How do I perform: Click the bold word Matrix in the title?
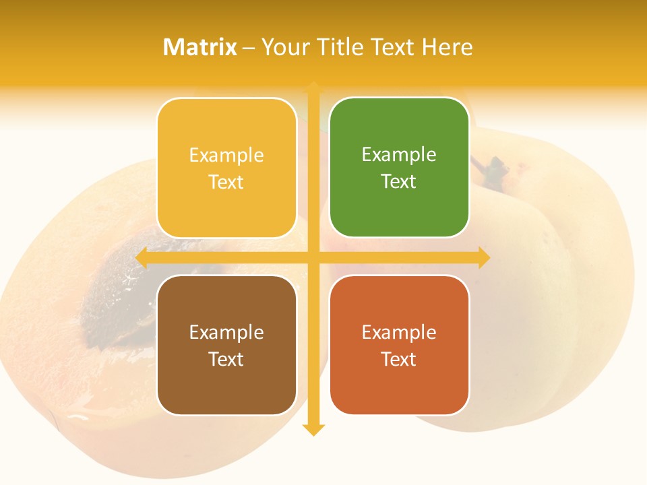[x=200, y=47]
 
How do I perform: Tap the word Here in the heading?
[x=447, y=47]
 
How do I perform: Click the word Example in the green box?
[x=399, y=155]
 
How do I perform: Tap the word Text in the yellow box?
[x=226, y=182]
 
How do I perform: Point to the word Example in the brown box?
[x=226, y=332]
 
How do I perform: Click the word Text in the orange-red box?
[x=399, y=359]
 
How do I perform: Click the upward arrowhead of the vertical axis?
[x=313, y=88]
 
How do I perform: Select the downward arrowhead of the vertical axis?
[x=313, y=429]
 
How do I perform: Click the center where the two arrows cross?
[x=313, y=257]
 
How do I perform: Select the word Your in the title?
[x=284, y=47]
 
